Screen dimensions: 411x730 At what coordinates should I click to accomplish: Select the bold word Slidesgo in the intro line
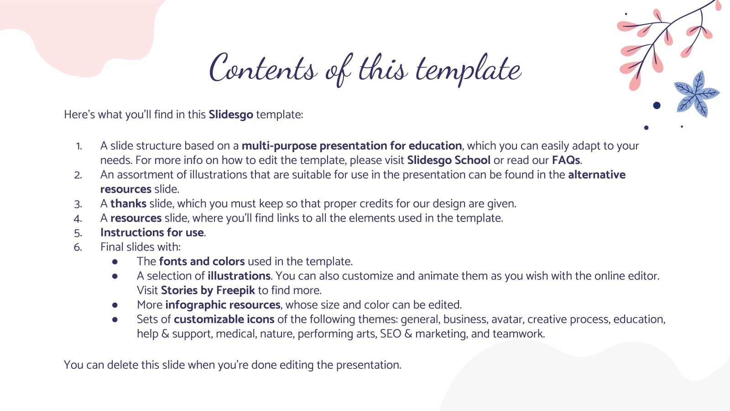(x=230, y=115)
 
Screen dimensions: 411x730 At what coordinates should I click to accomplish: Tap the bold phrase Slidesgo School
(x=448, y=160)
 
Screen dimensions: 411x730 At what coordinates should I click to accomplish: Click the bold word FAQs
(x=566, y=160)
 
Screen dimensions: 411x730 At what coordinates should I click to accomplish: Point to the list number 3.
(x=78, y=204)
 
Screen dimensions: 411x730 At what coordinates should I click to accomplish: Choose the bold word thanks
(x=128, y=204)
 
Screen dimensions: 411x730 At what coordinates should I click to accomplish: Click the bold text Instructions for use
(x=152, y=232)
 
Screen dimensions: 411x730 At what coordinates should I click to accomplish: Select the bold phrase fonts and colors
(x=202, y=262)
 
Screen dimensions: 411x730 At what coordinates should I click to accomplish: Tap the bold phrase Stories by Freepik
(x=208, y=290)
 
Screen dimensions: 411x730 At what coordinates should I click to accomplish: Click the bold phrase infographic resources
(x=223, y=305)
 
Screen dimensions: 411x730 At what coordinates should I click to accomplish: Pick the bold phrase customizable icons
(x=224, y=319)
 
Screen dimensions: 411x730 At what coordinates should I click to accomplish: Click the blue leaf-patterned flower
(x=696, y=94)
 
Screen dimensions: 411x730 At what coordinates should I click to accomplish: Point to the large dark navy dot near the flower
(x=657, y=105)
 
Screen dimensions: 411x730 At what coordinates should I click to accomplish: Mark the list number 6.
(x=78, y=248)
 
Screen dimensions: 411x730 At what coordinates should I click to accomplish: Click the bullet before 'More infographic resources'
(x=115, y=305)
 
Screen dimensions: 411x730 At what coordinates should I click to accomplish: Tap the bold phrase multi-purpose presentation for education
(x=351, y=146)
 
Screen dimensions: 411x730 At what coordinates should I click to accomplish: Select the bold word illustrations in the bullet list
(x=239, y=276)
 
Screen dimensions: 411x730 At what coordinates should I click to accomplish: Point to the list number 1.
(x=79, y=146)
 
